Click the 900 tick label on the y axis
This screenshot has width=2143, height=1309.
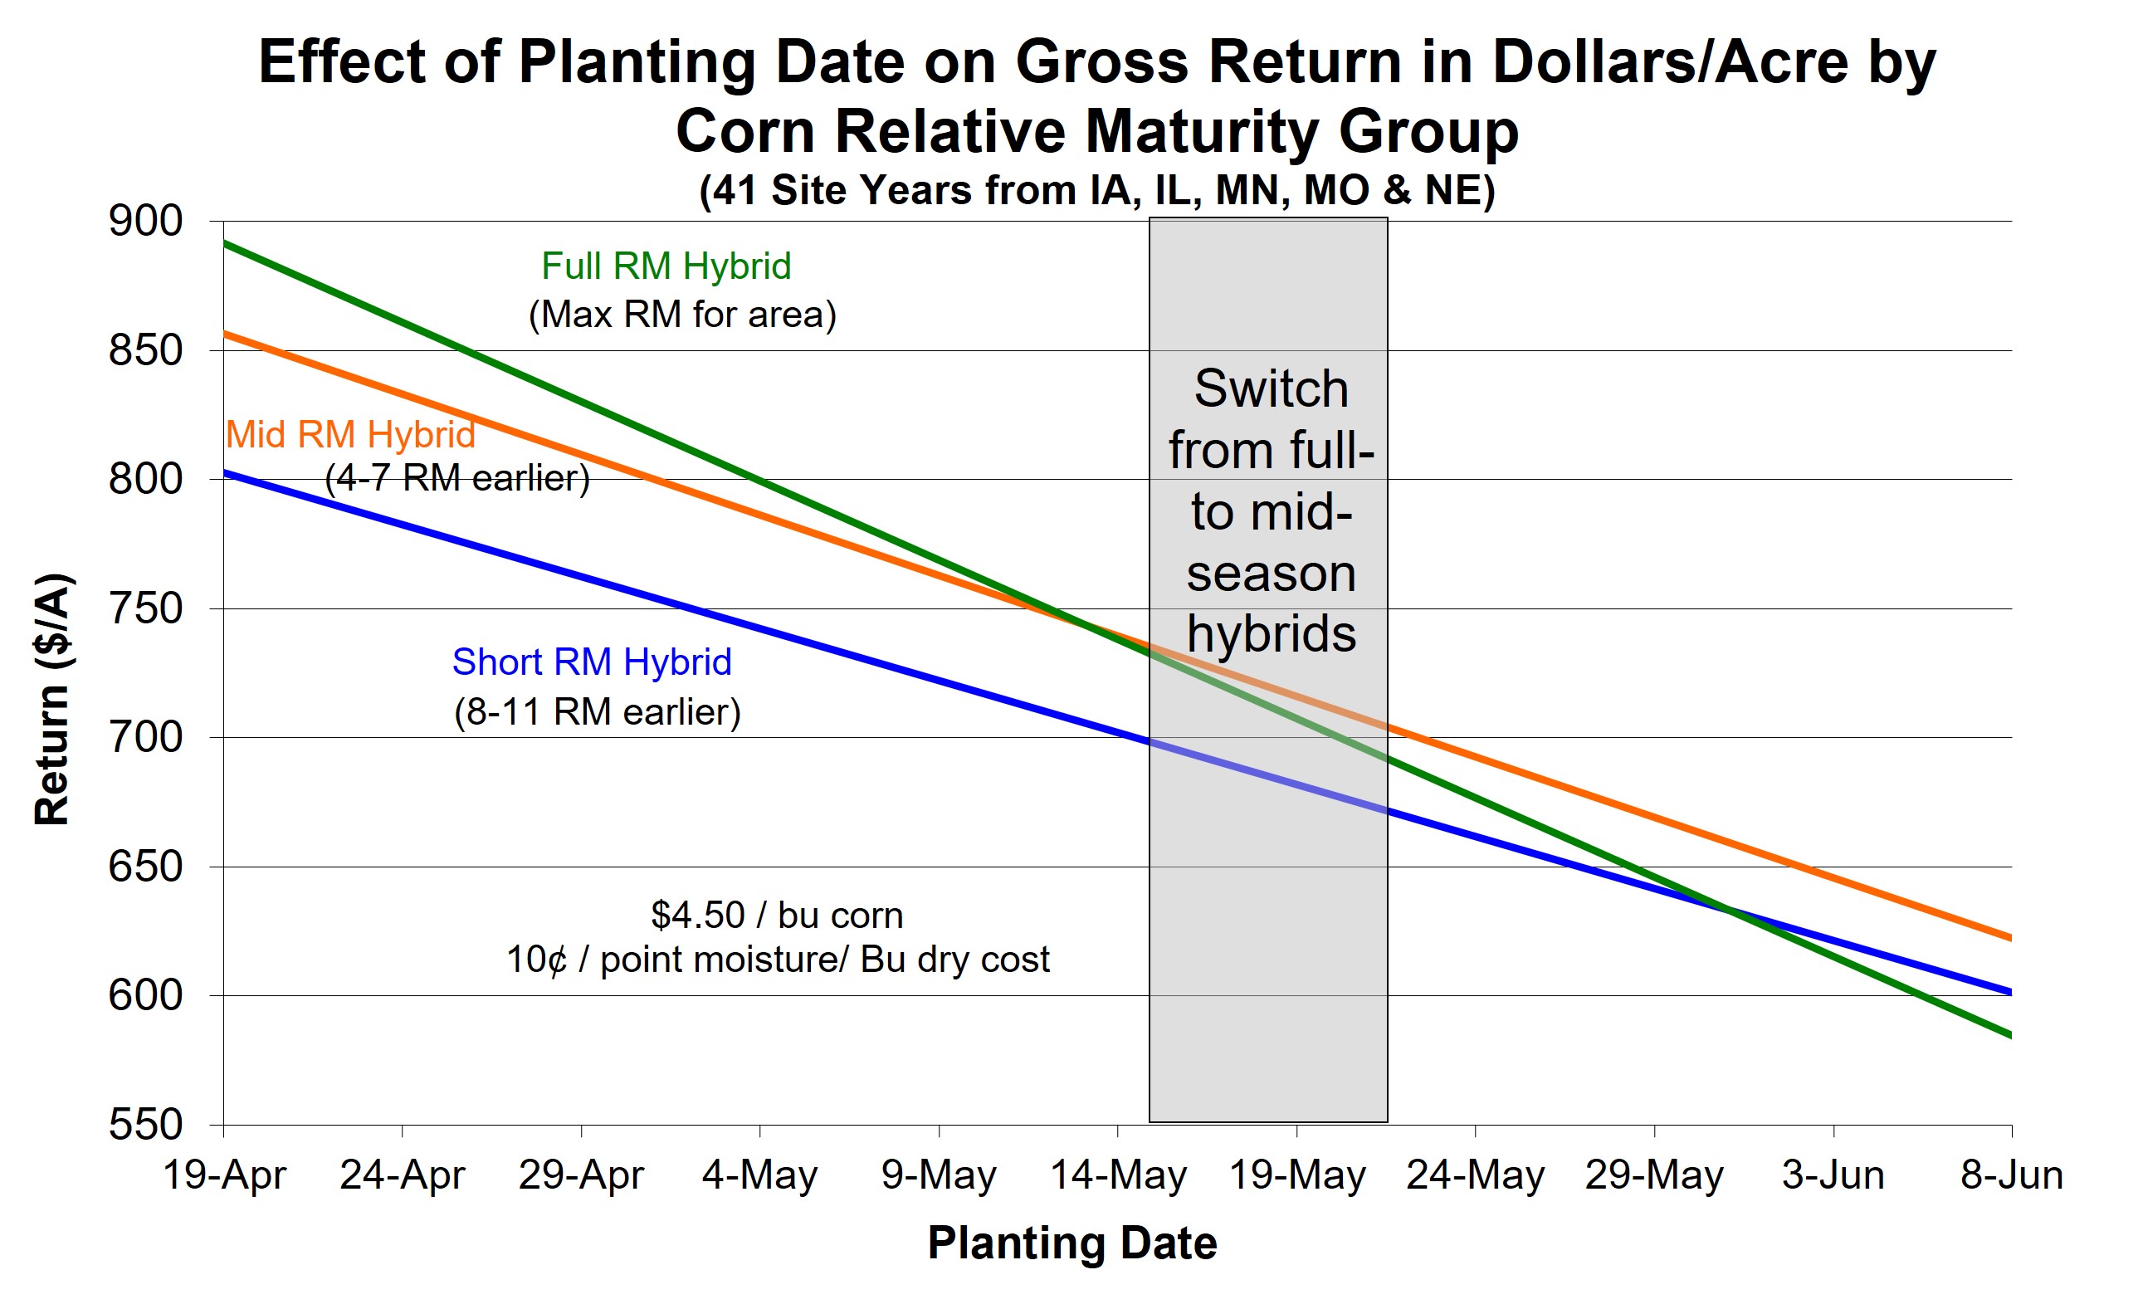click(x=145, y=221)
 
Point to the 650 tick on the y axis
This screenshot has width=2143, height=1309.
click(x=145, y=867)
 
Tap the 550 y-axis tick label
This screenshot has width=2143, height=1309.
click(x=145, y=1125)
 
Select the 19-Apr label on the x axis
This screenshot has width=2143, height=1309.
click(x=224, y=1175)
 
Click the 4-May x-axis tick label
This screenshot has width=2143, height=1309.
click(x=759, y=1175)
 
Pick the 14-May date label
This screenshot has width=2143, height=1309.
click(x=1118, y=1175)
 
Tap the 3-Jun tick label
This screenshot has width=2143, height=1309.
click(x=1833, y=1175)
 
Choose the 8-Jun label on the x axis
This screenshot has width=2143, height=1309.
click(x=2011, y=1175)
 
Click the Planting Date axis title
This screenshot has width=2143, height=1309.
click(x=1071, y=1242)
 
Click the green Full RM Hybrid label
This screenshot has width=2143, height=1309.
click(x=666, y=266)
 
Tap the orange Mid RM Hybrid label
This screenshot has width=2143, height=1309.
click(x=350, y=434)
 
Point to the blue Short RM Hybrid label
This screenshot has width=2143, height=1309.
click(x=592, y=662)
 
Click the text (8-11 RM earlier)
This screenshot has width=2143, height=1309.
click(x=597, y=711)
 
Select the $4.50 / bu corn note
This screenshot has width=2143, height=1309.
click(x=777, y=915)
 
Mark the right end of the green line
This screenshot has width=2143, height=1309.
click(x=2010, y=1035)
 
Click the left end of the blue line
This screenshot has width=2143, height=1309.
click(x=226, y=473)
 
